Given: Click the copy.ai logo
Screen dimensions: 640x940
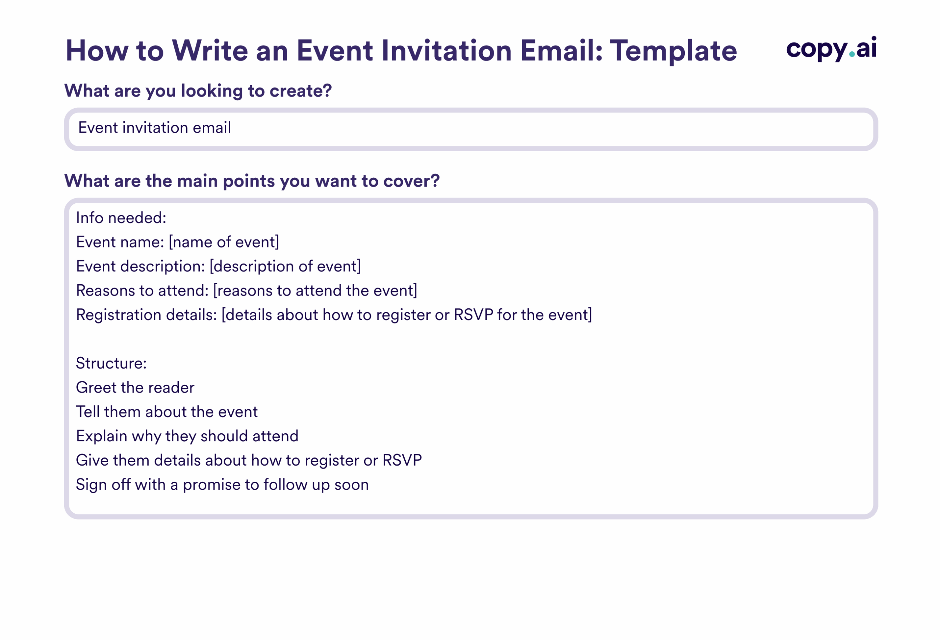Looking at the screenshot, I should (x=831, y=48).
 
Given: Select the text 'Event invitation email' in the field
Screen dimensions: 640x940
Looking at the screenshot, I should (x=155, y=128).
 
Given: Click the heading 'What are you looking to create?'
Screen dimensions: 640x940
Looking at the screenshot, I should (x=198, y=91).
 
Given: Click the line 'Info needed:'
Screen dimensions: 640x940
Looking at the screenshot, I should (x=121, y=218).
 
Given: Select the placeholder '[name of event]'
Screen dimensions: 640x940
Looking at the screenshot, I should (x=224, y=242).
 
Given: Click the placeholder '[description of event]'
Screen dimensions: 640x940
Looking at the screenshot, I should (x=285, y=267).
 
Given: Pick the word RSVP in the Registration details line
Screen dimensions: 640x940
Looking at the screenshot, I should (x=473, y=315).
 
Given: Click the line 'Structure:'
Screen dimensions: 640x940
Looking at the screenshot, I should (x=111, y=364).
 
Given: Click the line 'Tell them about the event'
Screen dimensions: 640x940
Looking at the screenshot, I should (x=167, y=412).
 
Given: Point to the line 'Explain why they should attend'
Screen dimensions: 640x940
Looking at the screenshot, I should (x=187, y=437).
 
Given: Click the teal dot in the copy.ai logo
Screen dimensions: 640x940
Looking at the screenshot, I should (x=852, y=54).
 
